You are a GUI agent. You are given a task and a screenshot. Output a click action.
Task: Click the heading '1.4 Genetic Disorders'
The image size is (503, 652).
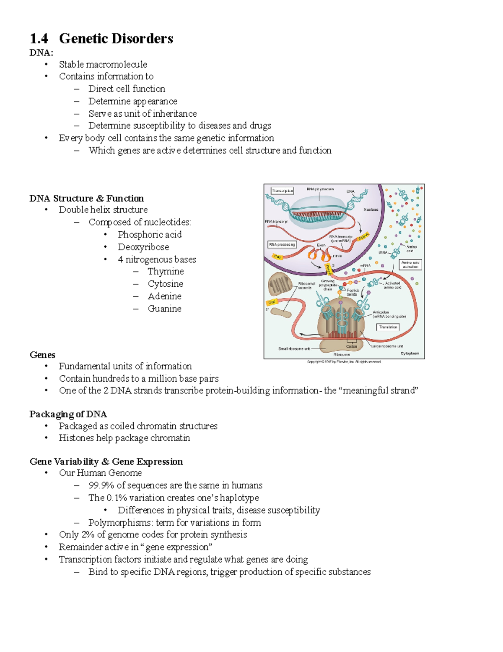click(101, 39)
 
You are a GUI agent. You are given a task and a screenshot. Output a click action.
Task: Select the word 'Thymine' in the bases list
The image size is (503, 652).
click(166, 272)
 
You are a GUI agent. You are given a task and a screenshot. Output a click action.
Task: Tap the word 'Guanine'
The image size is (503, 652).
click(164, 309)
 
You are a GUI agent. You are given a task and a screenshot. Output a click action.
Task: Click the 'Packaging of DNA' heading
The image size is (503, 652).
click(68, 414)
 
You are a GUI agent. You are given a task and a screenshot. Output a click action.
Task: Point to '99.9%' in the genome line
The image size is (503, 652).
click(101, 485)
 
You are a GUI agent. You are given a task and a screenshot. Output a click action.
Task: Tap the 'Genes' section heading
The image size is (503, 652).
click(42, 355)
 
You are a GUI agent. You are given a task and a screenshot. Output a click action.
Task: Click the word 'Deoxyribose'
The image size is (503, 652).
click(143, 247)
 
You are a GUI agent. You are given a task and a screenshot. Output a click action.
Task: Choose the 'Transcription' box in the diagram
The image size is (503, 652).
click(283, 191)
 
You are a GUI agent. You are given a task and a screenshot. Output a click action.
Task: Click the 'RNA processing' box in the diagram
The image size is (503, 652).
click(282, 244)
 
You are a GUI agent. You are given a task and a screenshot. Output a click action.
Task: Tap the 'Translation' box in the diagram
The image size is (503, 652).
click(388, 327)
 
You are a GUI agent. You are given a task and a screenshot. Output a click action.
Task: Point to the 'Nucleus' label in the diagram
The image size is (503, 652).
click(371, 209)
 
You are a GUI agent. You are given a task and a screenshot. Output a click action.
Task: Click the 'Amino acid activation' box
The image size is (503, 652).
click(410, 264)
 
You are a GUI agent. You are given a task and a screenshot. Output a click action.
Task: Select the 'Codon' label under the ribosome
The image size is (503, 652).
click(351, 346)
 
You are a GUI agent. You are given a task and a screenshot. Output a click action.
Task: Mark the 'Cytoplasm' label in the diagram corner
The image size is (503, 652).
click(410, 353)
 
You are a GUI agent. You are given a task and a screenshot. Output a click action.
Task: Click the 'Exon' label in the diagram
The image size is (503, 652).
click(321, 245)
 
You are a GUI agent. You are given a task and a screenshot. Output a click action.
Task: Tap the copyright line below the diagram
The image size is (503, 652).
click(344, 361)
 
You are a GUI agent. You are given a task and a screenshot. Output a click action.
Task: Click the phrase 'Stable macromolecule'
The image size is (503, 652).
click(103, 65)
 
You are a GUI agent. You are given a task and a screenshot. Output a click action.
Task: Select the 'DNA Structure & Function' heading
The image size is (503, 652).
click(86, 198)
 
